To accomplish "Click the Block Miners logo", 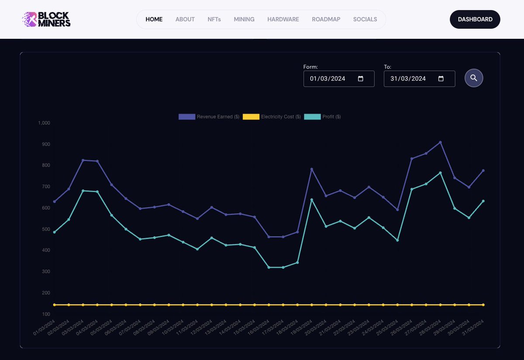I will click(x=46, y=19).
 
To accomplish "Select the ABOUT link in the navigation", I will click(x=185, y=19).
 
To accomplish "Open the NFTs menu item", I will click(x=214, y=19).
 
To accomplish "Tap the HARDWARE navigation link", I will click(x=283, y=19).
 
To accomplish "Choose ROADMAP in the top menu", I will click(x=326, y=19).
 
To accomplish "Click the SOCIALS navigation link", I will click(x=365, y=19).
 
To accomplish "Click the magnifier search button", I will click(x=474, y=78).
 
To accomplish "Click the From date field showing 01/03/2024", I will click(x=327, y=79).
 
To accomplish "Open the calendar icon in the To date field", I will click(x=441, y=79).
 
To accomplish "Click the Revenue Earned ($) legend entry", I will click(x=209, y=117).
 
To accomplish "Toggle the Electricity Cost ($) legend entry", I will click(x=272, y=117).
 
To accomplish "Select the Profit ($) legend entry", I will click(x=323, y=117).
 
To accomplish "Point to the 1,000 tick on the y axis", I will click(x=44, y=123).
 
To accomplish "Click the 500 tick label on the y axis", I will click(x=45, y=230).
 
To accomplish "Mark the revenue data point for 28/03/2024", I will click(x=440, y=142).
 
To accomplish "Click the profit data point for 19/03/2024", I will click(x=311, y=200).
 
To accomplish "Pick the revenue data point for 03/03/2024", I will click(x=83, y=160).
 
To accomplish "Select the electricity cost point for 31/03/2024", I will click(x=483, y=305).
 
